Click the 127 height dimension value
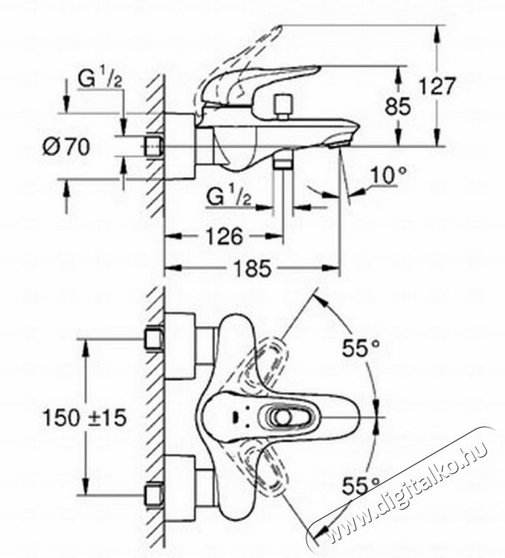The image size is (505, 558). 437,86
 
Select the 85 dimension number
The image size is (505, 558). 398,106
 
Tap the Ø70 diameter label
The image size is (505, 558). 66,147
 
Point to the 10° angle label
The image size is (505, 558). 388,176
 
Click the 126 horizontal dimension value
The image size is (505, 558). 225,237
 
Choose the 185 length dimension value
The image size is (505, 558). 253,268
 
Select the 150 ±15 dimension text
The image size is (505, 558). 85,417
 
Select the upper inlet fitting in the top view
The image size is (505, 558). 154,339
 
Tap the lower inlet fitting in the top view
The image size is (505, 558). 154,496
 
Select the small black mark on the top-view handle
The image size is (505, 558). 236,417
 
